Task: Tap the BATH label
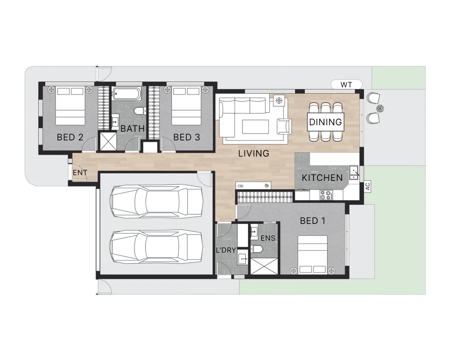coord(132,129)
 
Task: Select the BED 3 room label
coord(187,137)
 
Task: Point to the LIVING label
coord(254,153)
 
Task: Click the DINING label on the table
coord(325,122)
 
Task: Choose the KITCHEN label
coord(322,178)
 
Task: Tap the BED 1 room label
coord(313,221)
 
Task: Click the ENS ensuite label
coord(268,238)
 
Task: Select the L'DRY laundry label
coord(226,250)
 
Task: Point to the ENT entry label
coord(80,173)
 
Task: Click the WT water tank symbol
coord(346,85)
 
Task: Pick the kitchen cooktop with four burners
coord(326,195)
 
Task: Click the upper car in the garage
coord(157,200)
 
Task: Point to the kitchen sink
coord(353,172)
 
